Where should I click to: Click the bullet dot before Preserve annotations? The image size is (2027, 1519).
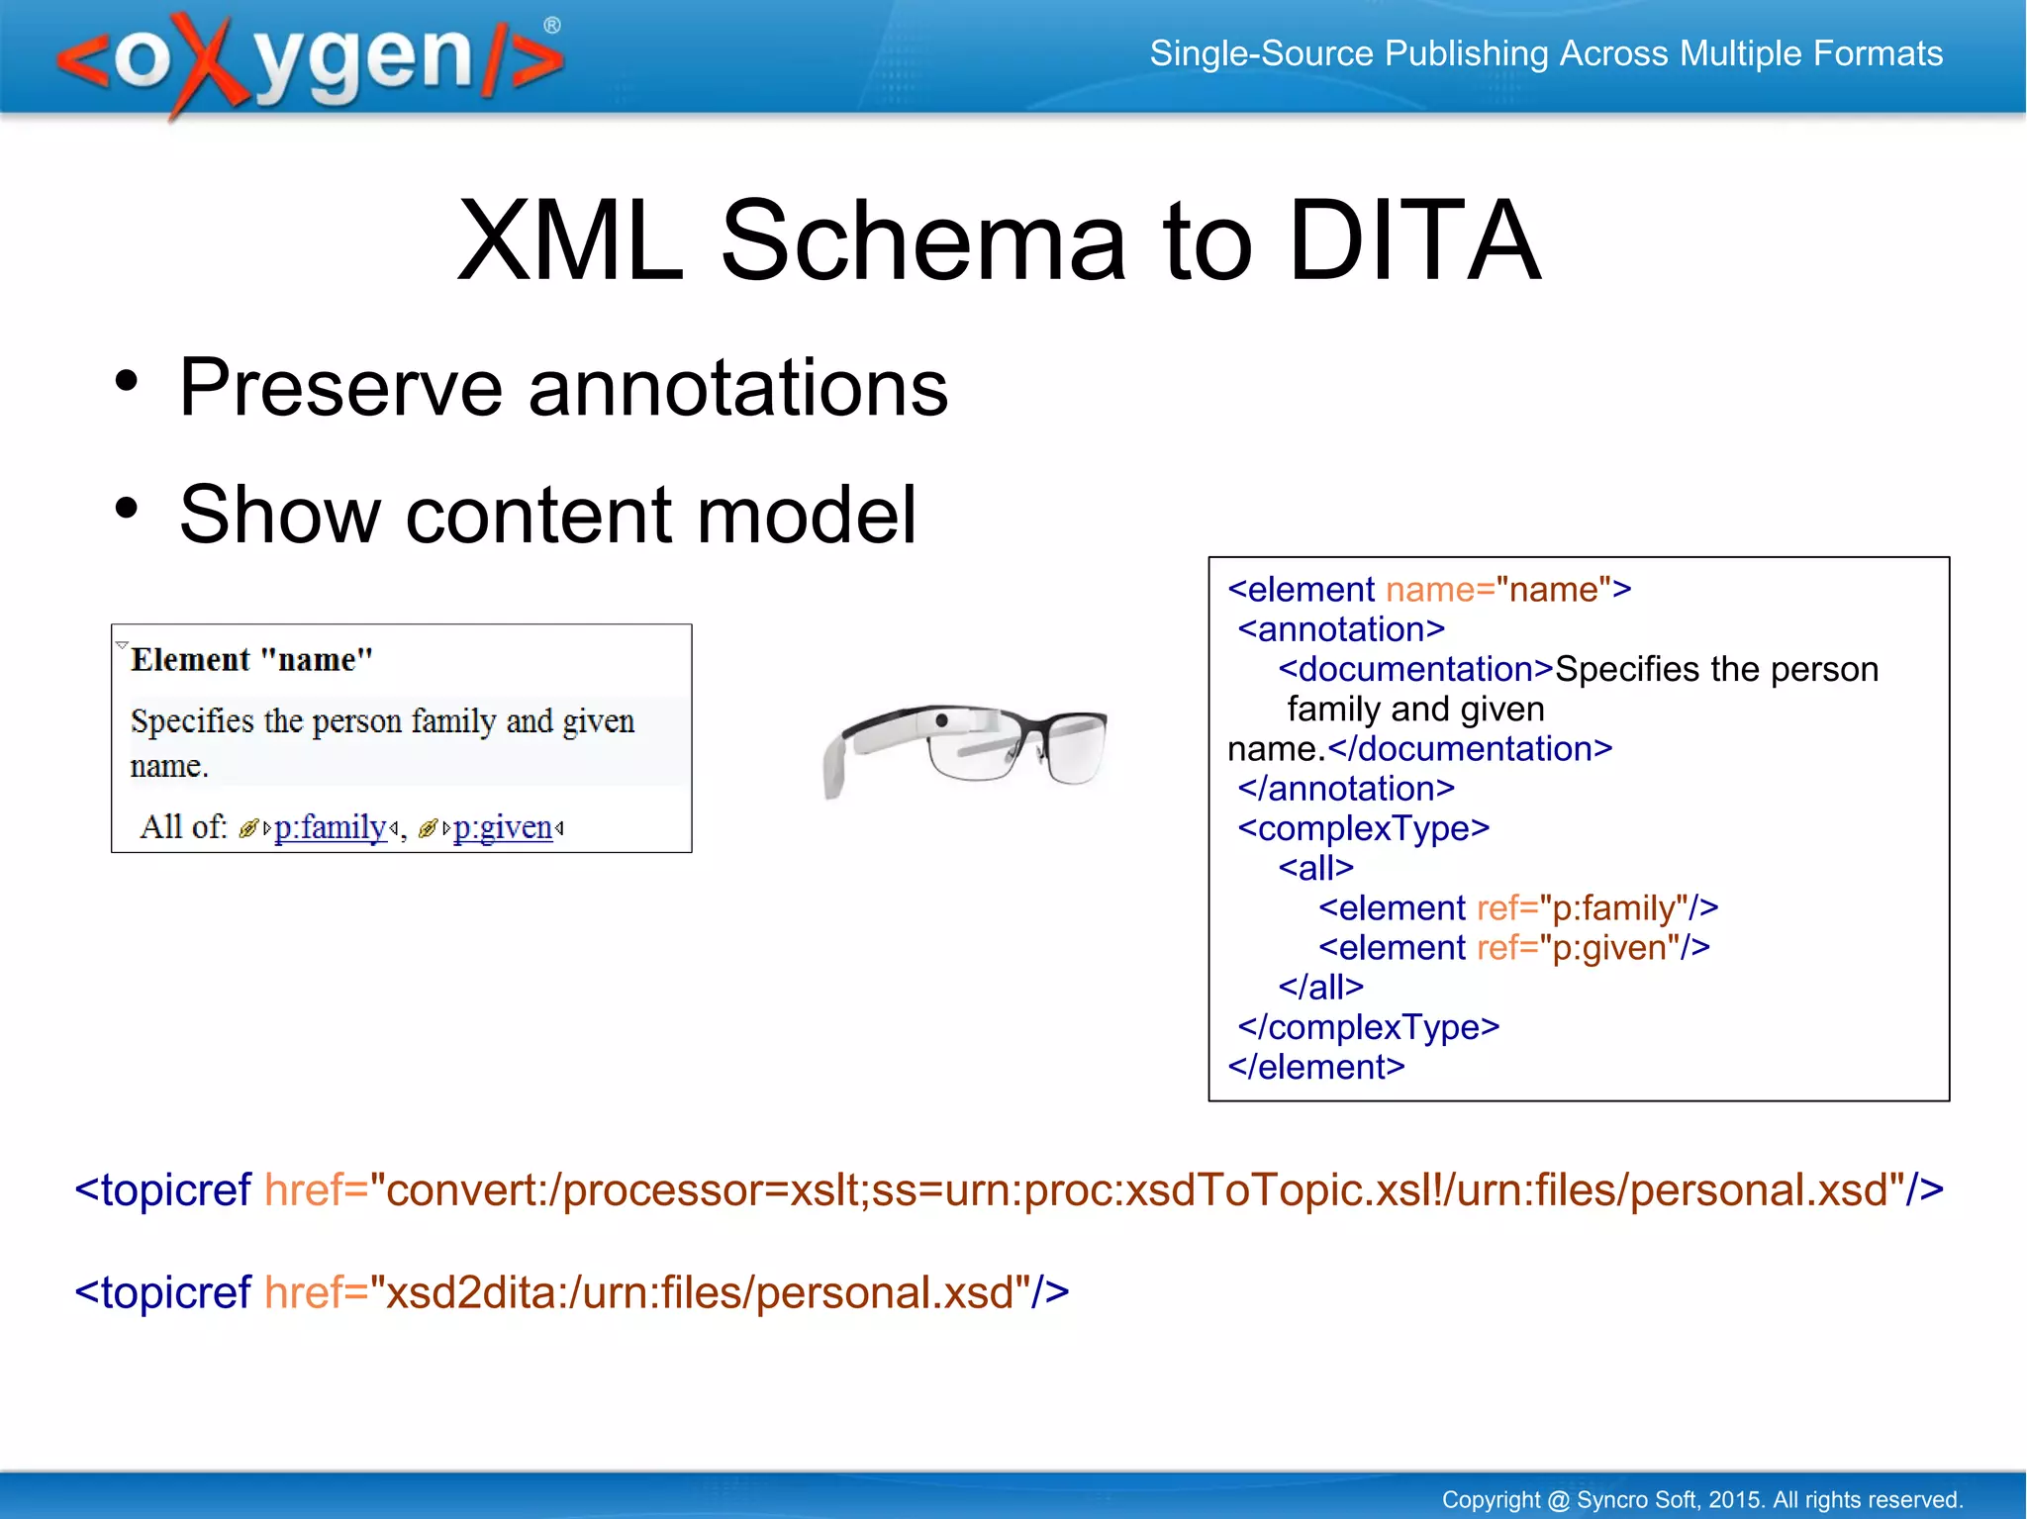(126, 382)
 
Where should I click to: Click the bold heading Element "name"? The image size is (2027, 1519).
(251, 659)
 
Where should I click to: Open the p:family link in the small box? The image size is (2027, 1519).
(330, 827)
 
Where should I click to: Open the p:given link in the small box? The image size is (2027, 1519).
(502, 827)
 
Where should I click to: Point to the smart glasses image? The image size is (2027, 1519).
(965, 747)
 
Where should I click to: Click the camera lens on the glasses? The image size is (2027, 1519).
(942, 719)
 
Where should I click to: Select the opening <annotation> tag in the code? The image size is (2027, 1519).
(1341, 629)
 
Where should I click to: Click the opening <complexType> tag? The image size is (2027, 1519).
(1363, 828)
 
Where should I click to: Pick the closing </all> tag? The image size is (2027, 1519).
(1320, 987)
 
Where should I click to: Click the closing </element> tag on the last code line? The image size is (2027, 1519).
(1315, 1067)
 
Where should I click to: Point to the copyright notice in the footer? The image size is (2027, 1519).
(1701, 1499)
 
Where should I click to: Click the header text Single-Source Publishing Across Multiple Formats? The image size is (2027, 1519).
(1545, 53)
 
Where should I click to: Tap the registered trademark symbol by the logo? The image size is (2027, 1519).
(552, 26)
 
